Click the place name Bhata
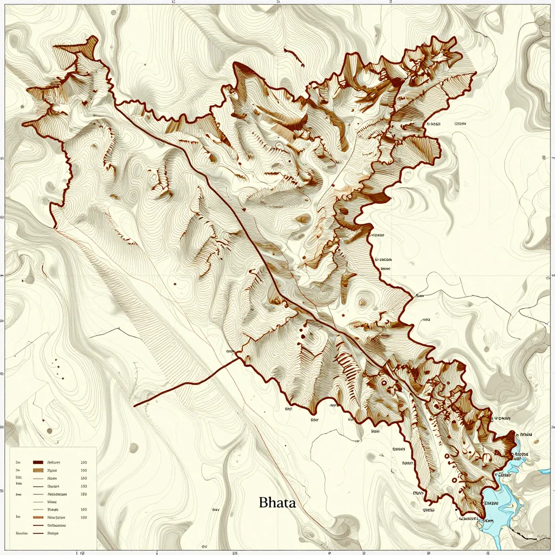pos(277,502)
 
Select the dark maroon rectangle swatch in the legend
pos(37,462)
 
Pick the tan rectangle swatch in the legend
pos(37,470)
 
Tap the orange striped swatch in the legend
pos(37,518)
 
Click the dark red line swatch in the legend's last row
pos(37,533)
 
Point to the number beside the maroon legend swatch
pos(83,462)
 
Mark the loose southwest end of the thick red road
pos(134,405)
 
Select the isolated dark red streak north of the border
pos(293,54)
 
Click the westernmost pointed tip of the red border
pos(23,124)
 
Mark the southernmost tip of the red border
pos(481,517)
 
